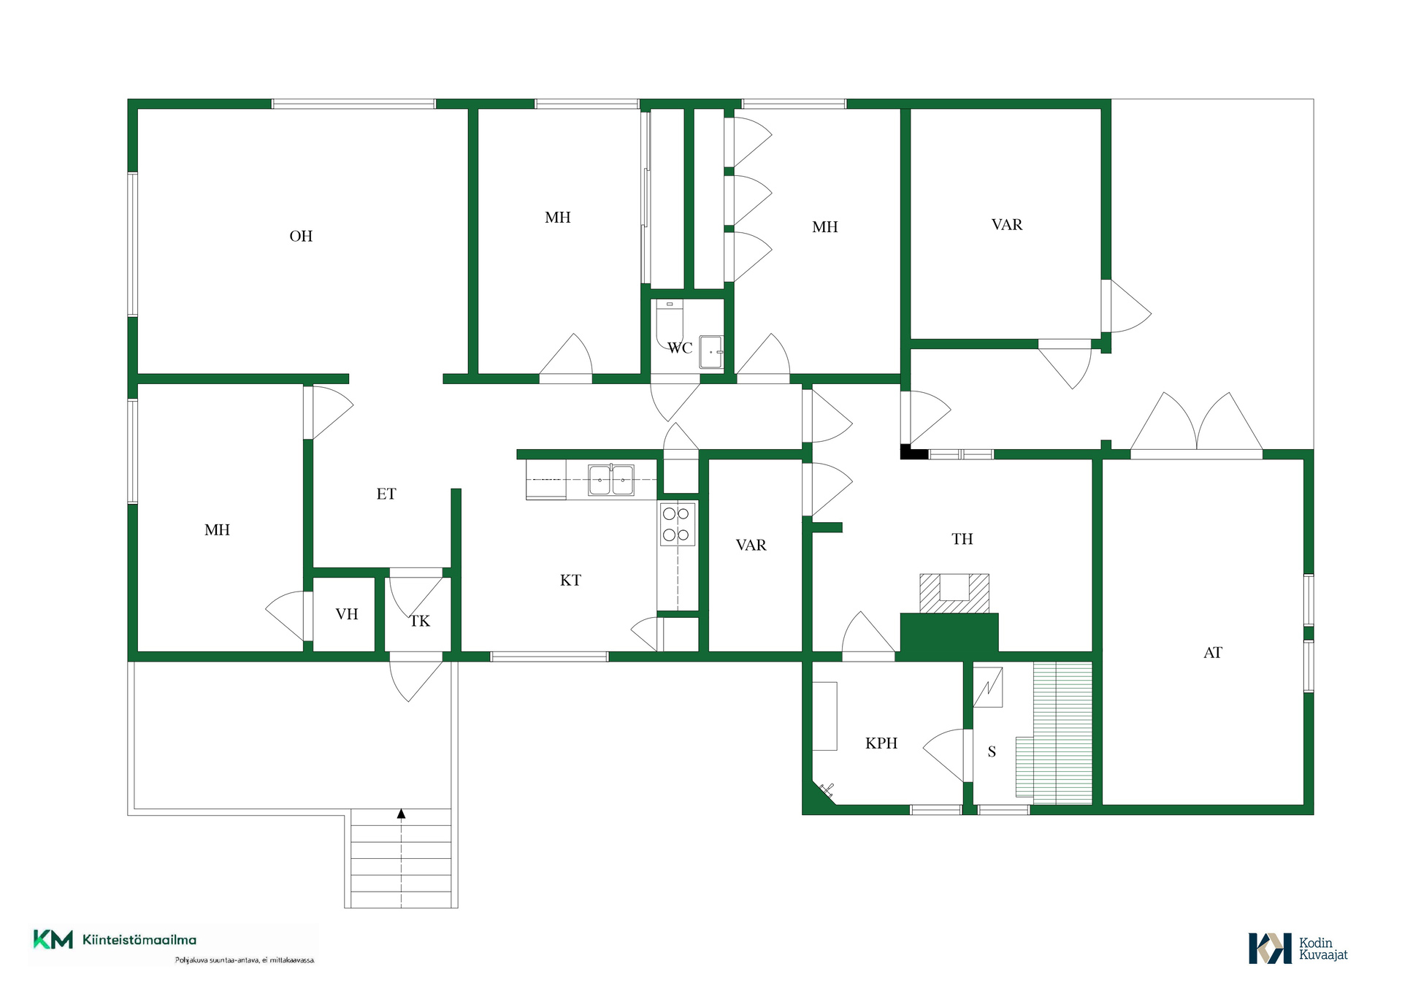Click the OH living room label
click(301, 236)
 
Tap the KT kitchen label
click(570, 580)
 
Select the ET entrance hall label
click(386, 494)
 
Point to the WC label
click(680, 348)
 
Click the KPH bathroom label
click(881, 743)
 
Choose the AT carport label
click(1213, 652)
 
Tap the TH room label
click(962, 538)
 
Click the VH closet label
click(347, 614)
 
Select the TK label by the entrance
click(419, 621)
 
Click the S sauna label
click(992, 751)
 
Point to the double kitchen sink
click(611, 480)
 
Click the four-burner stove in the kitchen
click(676, 524)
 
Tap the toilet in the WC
click(669, 324)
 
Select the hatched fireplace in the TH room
click(954, 593)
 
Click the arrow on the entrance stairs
click(401, 814)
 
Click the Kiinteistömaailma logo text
click(139, 940)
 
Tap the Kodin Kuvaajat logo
click(1298, 948)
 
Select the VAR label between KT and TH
click(751, 545)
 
